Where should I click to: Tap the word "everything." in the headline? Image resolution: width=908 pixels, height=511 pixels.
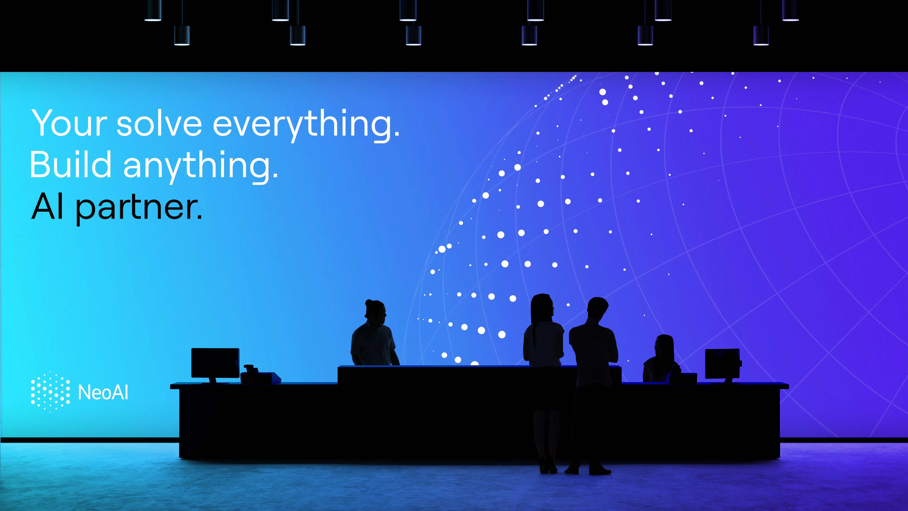click(x=306, y=125)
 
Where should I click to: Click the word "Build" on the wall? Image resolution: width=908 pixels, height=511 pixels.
click(x=71, y=165)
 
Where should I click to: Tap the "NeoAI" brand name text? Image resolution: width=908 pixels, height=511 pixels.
click(x=103, y=392)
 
